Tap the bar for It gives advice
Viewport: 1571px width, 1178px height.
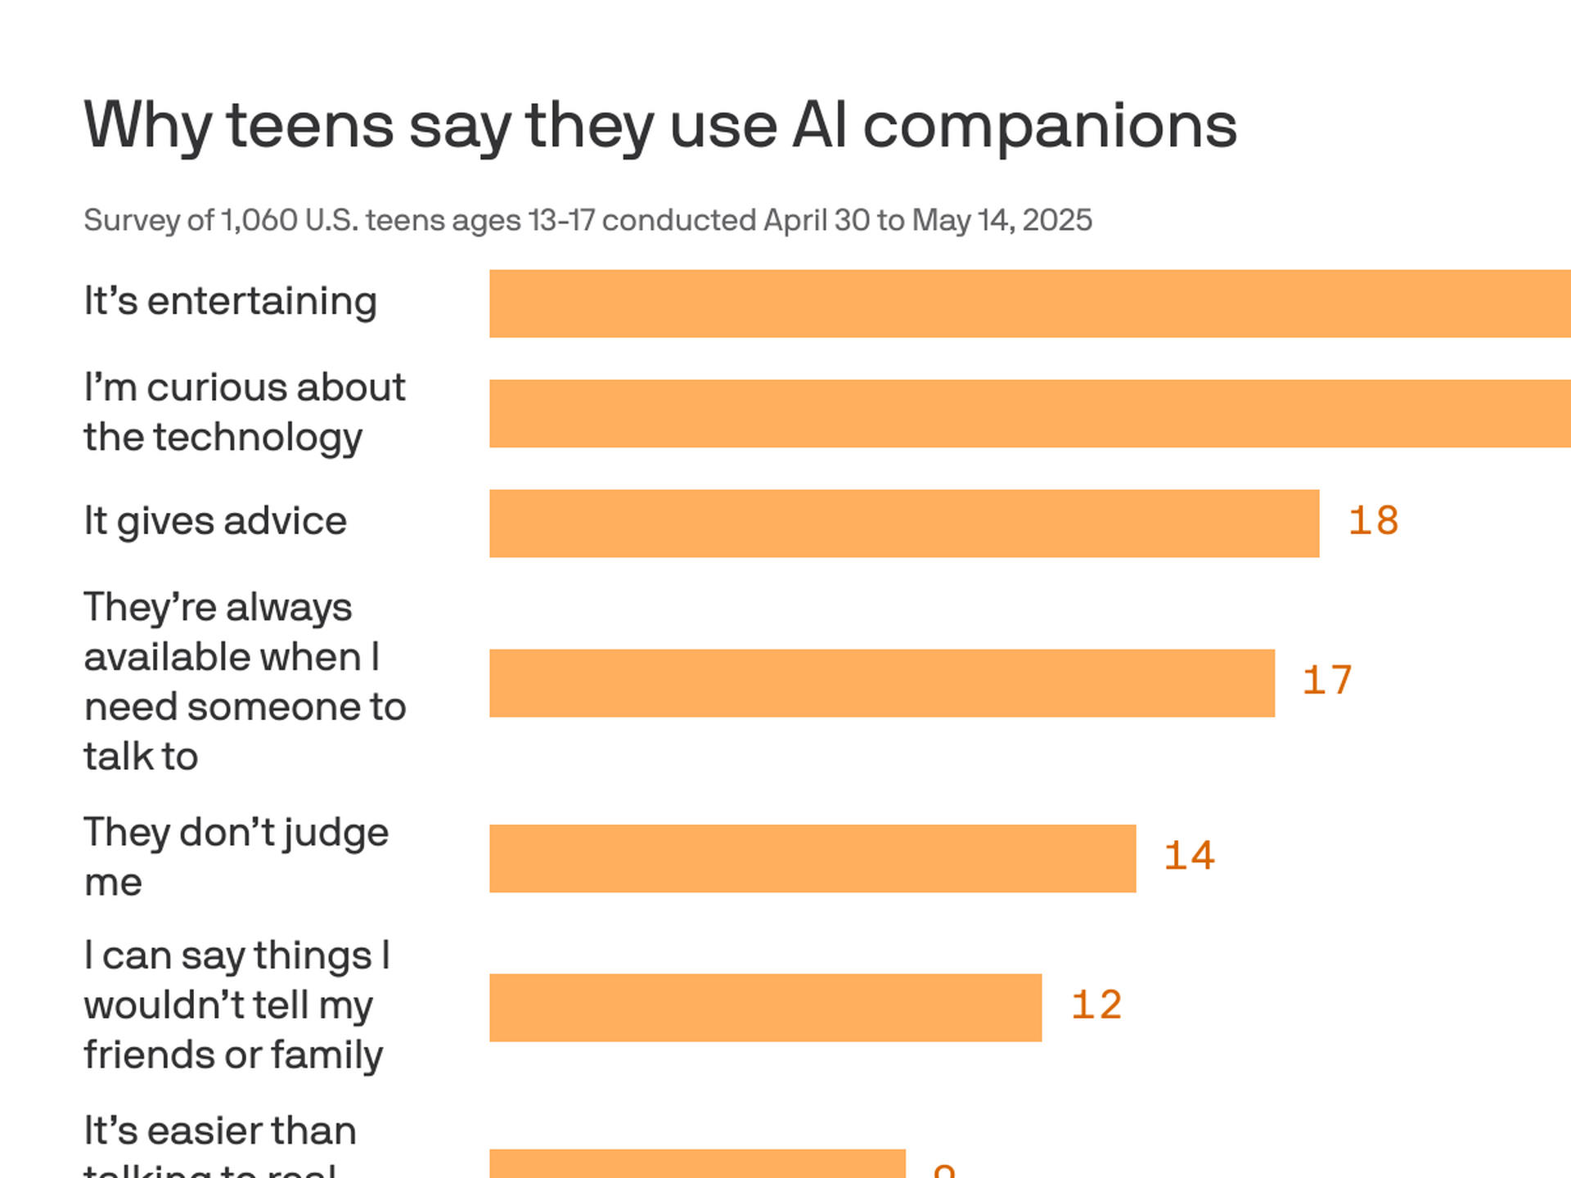click(904, 524)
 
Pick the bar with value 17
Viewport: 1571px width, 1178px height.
click(882, 683)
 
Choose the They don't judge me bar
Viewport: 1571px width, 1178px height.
click(813, 858)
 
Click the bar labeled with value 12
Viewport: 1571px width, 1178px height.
click(765, 1007)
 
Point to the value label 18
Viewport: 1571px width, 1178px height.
click(1373, 522)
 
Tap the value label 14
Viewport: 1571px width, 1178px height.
click(1189, 857)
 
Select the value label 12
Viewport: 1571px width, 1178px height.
click(1096, 1005)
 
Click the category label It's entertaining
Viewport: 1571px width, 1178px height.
click(230, 302)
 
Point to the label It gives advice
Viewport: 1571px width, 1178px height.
click(215, 522)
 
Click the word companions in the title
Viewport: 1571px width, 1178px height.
click(1050, 127)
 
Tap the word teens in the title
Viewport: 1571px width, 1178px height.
click(310, 127)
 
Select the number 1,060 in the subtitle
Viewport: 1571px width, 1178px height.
click(259, 221)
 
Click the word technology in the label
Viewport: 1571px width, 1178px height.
click(258, 438)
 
